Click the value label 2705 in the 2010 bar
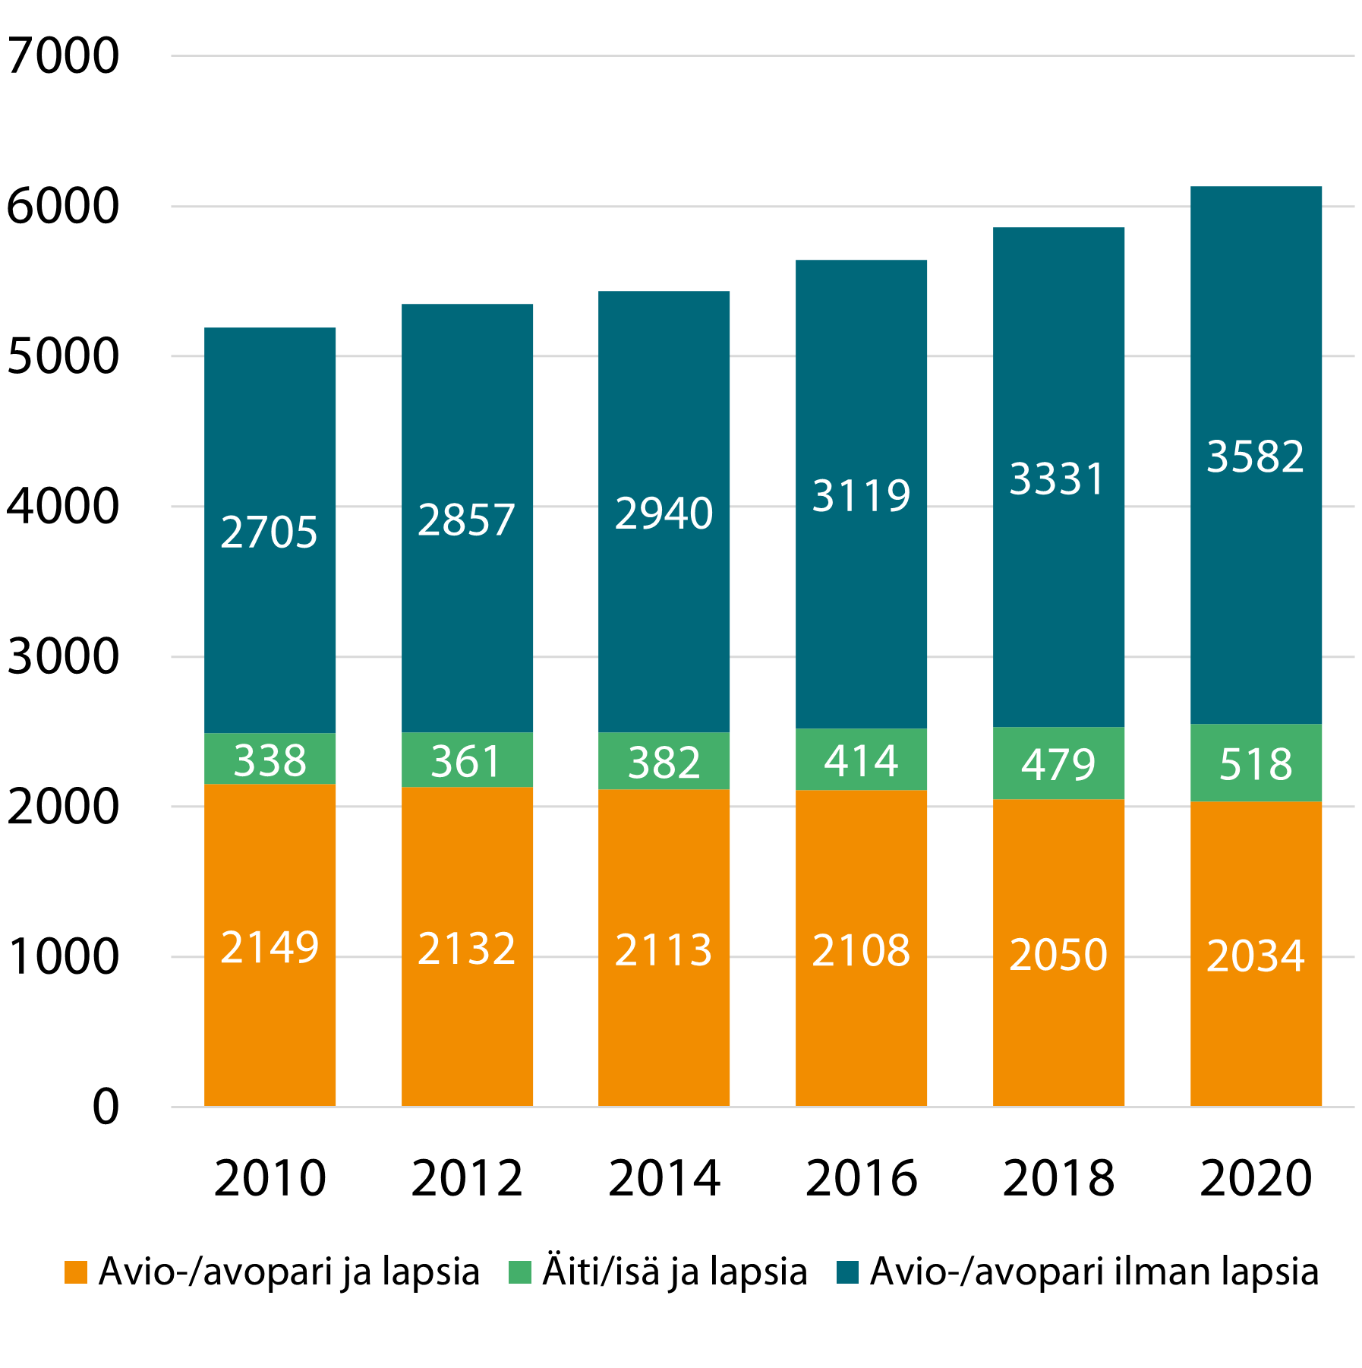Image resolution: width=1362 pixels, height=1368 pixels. pyautogui.click(x=270, y=532)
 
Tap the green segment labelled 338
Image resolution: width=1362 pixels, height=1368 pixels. pyautogui.click(x=270, y=760)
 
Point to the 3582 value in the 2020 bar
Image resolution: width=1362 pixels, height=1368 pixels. pyautogui.click(x=1256, y=457)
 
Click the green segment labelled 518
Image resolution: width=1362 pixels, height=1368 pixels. pyautogui.click(x=1256, y=763)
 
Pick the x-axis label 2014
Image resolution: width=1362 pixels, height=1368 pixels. pyautogui.click(x=664, y=1179)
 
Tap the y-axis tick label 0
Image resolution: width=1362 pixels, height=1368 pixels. pyautogui.click(x=106, y=1107)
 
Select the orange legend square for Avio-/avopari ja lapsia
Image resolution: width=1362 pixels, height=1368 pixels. pyautogui.click(x=76, y=1272)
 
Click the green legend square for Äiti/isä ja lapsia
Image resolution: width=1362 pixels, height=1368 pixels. pyautogui.click(x=520, y=1272)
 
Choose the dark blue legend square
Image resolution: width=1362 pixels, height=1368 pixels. pyautogui.click(x=847, y=1272)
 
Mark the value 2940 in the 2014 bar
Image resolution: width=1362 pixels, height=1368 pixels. pyautogui.click(x=664, y=513)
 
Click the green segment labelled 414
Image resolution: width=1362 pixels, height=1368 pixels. pyautogui.click(x=862, y=760)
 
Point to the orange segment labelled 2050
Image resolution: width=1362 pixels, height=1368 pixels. pyautogui.click(x=1058, y=954)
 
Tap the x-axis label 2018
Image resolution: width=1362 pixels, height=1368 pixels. pyautogui.click(x=1058, y=1179)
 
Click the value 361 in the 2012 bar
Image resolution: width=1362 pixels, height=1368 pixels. pyautogui.click(x=467, y=761)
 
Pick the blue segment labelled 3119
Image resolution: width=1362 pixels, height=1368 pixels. pyautogui.click(x=862, y=495)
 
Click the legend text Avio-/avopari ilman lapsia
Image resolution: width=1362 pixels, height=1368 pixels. pyautogui.click(x=1094, y=1272)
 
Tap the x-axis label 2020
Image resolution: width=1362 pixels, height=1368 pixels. pyautogui.click(x=1256, y=1179)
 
